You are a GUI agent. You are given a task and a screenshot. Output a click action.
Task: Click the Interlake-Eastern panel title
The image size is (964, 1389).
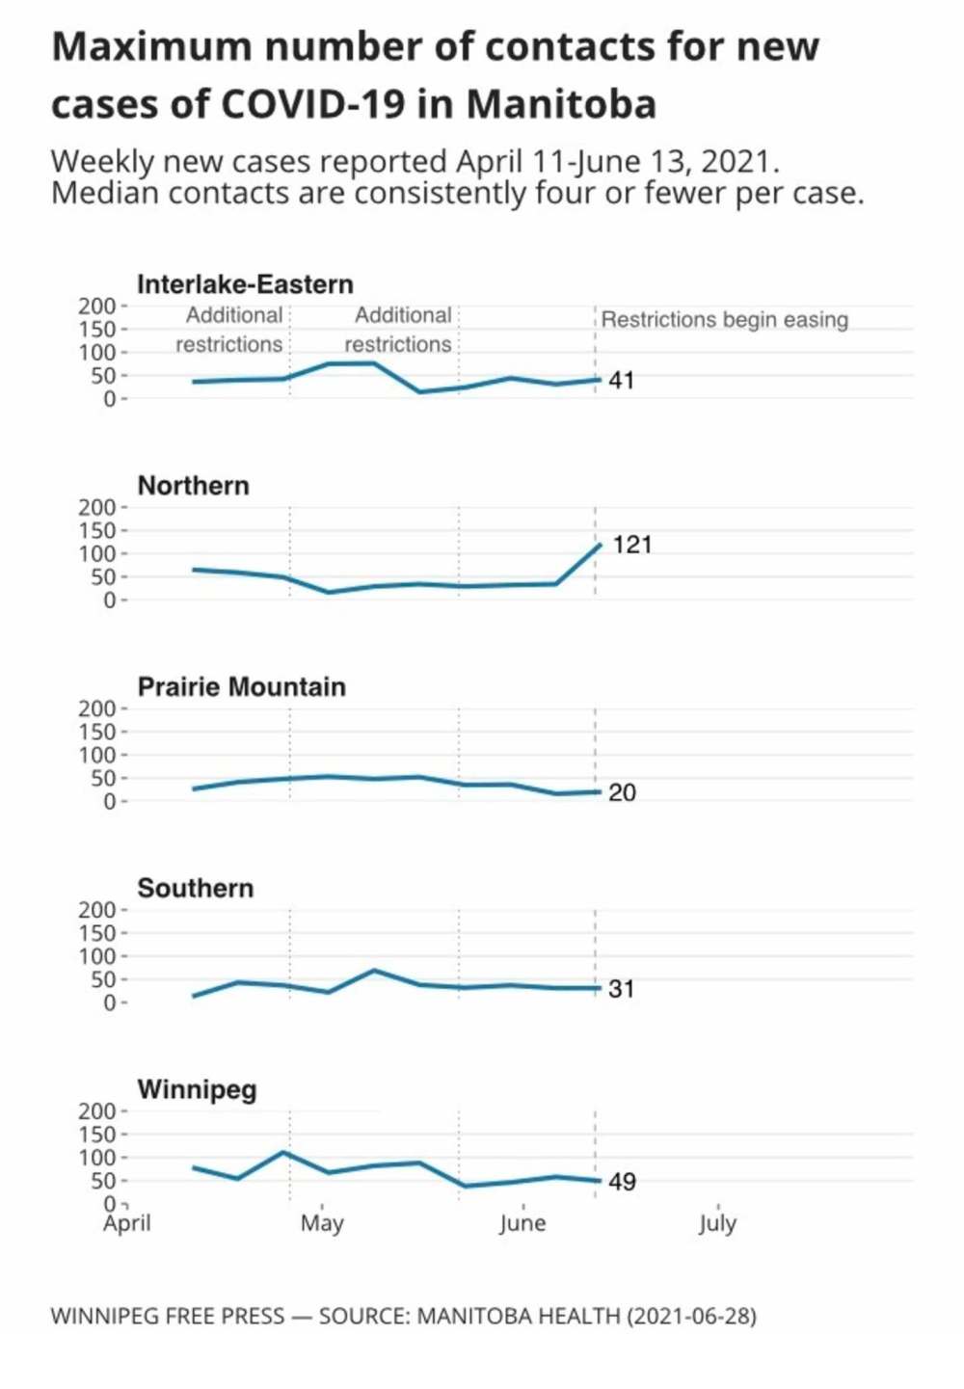[245, 284]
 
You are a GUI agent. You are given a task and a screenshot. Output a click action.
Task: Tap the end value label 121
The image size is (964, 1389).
[632, 545]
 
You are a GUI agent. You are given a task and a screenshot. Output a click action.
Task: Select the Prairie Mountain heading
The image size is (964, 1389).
[241, 686]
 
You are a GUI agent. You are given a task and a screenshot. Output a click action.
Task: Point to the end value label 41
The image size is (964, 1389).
[622, 381]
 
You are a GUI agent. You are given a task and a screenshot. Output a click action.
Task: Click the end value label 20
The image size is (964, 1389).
[622, 792]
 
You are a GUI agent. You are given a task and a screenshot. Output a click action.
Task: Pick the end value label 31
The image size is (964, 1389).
[622, 989]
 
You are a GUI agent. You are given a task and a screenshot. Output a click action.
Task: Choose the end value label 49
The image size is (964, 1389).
[622, 1182]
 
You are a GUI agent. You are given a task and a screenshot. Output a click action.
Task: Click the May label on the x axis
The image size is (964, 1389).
[322, 1223]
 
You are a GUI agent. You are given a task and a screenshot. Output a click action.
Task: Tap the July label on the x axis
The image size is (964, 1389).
[717, 1223]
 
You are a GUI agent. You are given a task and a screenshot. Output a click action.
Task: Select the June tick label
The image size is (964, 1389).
[522, 1223]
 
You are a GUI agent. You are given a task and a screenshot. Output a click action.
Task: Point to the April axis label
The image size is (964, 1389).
[127, 1223]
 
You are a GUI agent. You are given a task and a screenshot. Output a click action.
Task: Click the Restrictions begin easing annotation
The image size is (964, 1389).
[725, 320]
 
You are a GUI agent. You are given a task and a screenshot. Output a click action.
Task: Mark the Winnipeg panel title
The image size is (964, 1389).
[197, 1089]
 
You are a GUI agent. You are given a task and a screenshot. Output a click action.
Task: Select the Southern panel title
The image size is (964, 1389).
[196, 888]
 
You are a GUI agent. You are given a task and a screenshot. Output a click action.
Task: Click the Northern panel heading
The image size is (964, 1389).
[194, 485]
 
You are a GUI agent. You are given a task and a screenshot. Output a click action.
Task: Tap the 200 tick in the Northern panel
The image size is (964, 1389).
[96, 508]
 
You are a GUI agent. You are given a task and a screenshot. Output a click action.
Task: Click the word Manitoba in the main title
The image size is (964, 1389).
[562, 104]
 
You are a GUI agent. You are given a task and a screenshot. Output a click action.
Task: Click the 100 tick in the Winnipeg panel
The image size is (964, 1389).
[96, 1158]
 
